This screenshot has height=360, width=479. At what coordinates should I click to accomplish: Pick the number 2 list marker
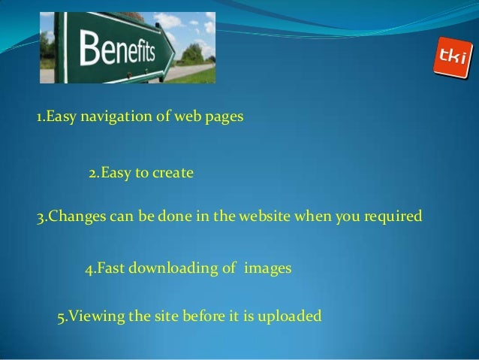pos(92,174)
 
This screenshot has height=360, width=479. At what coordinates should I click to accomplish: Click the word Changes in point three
pos(73,218)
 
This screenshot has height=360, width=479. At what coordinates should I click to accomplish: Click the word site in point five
pos(166,316)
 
